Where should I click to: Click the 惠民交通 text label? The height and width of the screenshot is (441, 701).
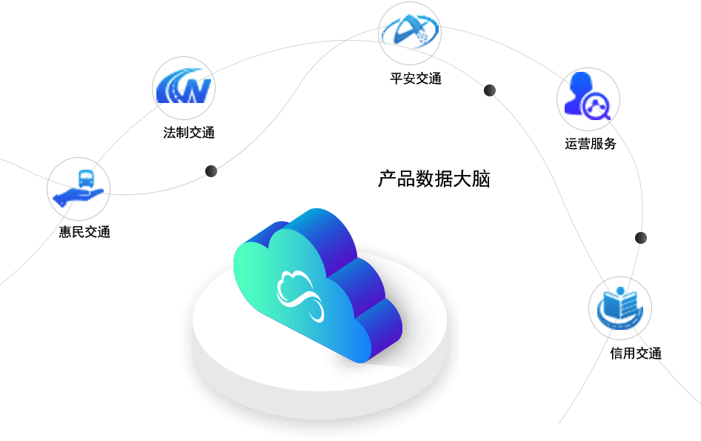point(84,232)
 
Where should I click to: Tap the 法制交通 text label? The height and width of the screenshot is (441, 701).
point(189,133)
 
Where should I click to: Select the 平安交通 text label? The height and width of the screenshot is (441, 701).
point(416,79)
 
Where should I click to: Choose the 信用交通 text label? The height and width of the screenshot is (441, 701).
point(635,354)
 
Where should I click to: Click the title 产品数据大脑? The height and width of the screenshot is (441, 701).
point(434,179)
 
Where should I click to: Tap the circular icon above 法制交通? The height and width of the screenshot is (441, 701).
point(184,87)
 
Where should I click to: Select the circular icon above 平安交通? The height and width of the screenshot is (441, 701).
point(410,32)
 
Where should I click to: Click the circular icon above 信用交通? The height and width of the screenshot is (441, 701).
point(620,308)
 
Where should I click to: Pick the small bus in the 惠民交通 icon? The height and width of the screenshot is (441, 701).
point(86,178)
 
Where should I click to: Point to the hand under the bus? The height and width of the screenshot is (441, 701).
point(77,196)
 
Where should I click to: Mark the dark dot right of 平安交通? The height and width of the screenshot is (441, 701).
point(490,90)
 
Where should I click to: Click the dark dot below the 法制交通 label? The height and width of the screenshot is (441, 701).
point(211,171)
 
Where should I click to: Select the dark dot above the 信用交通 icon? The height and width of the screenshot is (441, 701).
point(641,238)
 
